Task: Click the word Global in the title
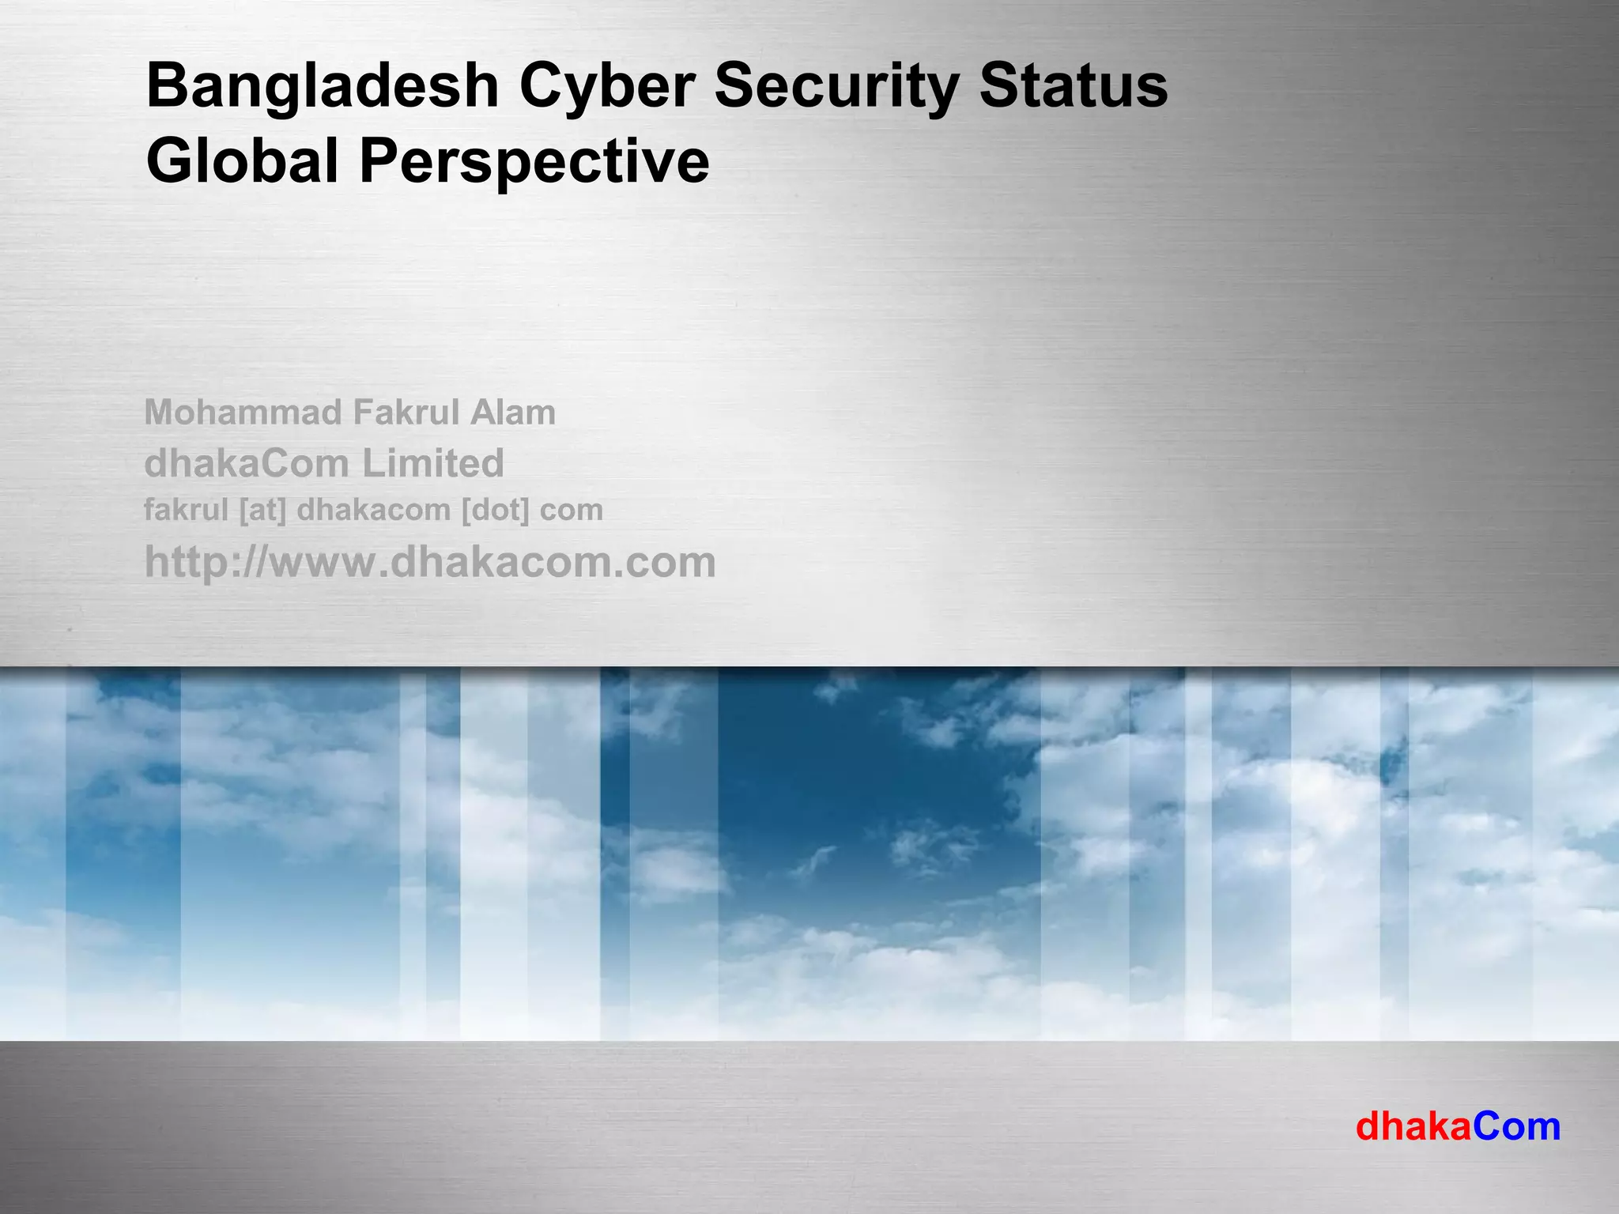243,160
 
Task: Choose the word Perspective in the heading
534,160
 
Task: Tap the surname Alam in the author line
514,413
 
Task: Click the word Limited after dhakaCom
433,463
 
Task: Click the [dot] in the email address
495,511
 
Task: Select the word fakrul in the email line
186,511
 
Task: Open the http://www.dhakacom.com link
430,562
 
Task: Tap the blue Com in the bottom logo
1516,1126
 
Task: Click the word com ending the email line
571,511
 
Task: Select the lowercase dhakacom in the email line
373,511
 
